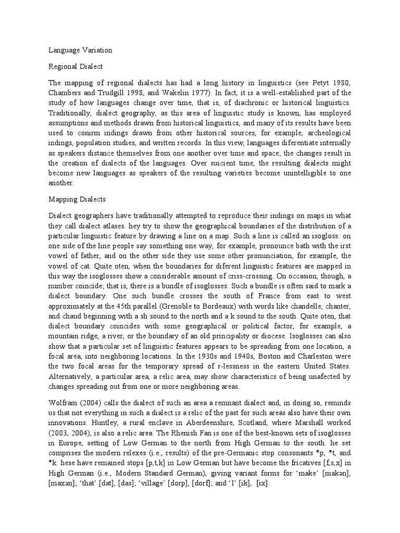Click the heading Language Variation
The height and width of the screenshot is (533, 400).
pyautogui.click(x=80, y=50)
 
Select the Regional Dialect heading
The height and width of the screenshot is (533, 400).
pyautogui.click(x=76, y=67)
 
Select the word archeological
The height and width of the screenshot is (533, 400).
pyautogui.click(x=326, y=133)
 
